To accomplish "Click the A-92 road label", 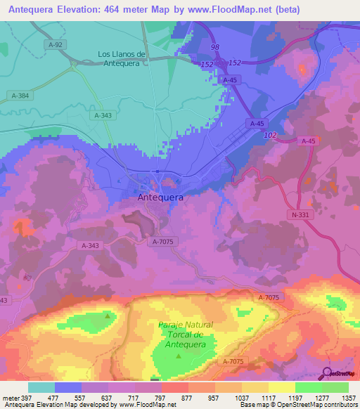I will [58, 44].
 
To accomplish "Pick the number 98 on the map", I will [214, 47].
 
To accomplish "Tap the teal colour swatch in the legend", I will [41, 387].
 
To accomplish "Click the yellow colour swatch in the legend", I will [281, 387].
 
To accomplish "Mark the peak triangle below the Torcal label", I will [178, 356].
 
